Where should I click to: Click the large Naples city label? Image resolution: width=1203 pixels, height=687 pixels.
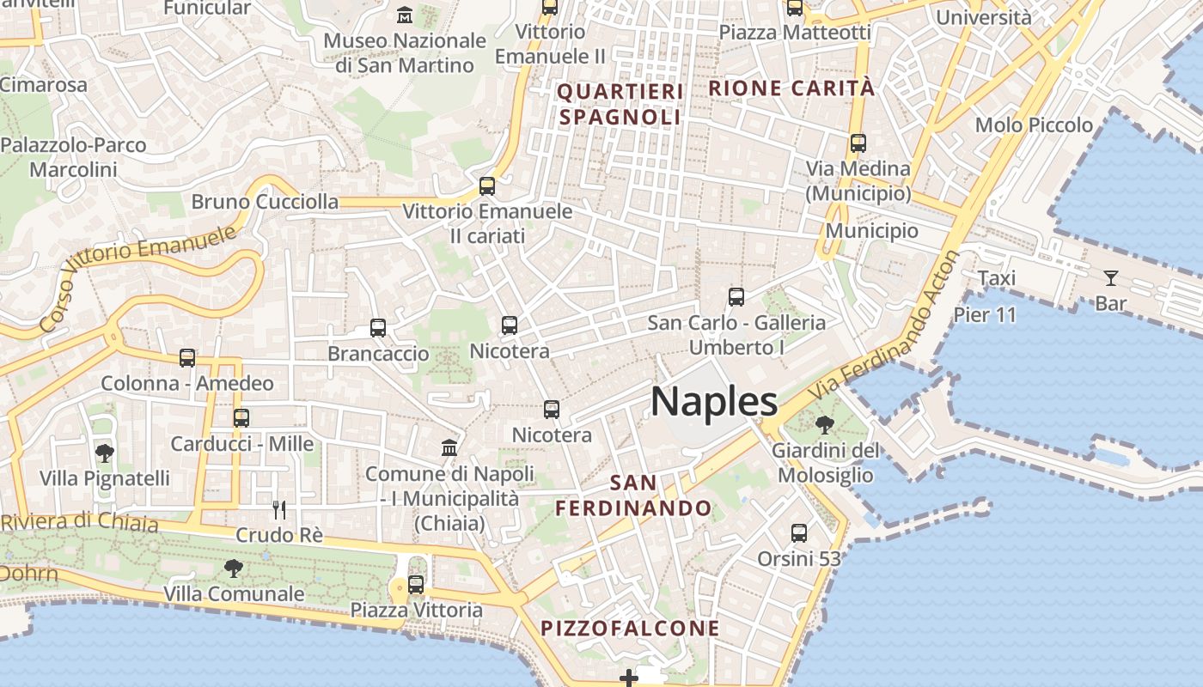714,402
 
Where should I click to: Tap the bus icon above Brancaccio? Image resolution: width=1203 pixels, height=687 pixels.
378,327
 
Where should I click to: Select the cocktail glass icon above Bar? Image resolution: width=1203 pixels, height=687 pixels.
1111,277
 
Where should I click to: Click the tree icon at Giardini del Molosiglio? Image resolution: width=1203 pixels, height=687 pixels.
824,424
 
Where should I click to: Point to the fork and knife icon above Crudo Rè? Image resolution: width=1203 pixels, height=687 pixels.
279,509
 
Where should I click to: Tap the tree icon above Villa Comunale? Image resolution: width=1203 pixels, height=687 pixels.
233,568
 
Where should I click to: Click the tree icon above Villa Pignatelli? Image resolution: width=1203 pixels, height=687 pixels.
105,453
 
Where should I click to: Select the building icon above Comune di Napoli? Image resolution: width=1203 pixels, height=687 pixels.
449,447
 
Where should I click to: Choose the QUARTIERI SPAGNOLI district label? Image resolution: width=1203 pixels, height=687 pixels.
620,104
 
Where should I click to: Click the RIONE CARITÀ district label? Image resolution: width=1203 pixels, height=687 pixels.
791,88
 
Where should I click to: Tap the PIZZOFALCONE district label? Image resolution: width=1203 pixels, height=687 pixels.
630,629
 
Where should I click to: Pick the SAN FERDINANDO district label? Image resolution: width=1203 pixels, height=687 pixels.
633,495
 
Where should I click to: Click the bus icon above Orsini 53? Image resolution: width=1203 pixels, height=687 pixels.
799,533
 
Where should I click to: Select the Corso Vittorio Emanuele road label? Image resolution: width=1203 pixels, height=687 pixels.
137,277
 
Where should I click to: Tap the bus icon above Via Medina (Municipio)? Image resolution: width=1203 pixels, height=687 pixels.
858,143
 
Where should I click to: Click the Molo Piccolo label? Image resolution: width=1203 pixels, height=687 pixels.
1034,125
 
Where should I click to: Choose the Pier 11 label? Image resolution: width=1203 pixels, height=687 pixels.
985,315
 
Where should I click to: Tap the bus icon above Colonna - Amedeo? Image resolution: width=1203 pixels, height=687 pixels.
187,358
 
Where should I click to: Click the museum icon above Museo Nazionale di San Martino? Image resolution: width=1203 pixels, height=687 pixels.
405,15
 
